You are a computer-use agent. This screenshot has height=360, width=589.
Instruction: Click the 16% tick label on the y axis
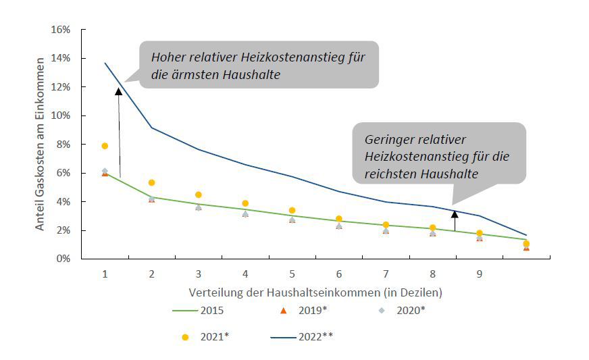[61, 30]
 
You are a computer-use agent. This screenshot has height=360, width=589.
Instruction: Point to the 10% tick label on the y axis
[61, 116]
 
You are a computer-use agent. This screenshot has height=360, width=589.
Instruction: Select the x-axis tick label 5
[291, 274]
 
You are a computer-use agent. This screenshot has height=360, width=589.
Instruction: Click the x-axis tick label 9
[479, 274]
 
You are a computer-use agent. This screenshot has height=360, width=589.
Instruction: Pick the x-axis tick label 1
[105, 274]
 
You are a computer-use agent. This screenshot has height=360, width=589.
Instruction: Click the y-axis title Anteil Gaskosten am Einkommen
[41, 144]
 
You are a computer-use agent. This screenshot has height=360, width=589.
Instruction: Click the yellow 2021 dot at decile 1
[105, 146]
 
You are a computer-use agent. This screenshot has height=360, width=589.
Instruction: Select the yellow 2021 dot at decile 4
[245, 203]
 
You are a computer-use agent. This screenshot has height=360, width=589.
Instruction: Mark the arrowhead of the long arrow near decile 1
[118, 91]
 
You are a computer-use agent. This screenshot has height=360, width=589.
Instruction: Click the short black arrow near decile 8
[455, 222]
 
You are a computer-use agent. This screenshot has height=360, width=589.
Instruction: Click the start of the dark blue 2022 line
[105, 63]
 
